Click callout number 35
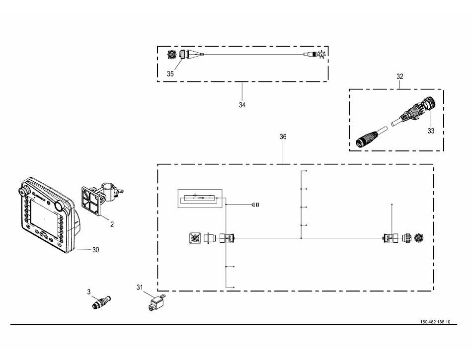[170, 73]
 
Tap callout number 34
[242, 105]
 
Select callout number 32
[400, 76]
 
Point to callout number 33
[431, 131]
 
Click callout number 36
[283, 137]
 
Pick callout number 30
[96, 250]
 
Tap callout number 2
[112, 224]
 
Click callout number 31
[140, 288]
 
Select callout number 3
[89, 292]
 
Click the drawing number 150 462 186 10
[435, 322]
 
